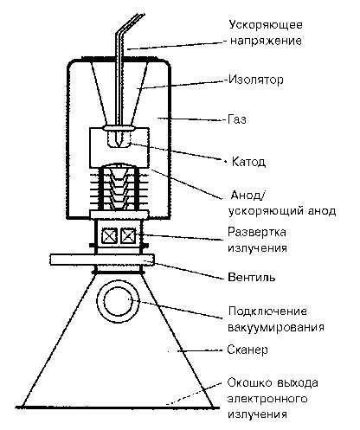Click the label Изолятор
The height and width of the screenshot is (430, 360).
pyautogui.click(x=255, y=80)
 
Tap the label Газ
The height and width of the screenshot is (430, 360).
pyautogui.click(x=237, y=119)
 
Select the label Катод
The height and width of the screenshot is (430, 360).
pyautogui.click(x=248, y=162)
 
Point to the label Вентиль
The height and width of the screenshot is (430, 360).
pyautogui.click(x=252, y=277)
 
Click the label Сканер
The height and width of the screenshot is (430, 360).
pyautogui.click(x=247, y=350)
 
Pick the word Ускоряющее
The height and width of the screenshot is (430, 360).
pyautogui.click(x=266, y=25)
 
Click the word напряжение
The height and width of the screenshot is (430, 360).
pyautogui.click(x=266, y=41)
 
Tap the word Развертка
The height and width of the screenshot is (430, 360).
pyautogui.click(x=257, y=232)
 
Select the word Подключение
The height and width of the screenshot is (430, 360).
pyautogui.click(x=267, y=311)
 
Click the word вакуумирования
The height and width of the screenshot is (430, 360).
pyautogui.click(x=276, y=328)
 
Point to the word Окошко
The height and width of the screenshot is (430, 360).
pyautogui.click(x=249, y=382)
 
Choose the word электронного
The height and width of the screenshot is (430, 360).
pyautogui.click(x=267, y=399)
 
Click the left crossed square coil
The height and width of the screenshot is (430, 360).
pyautogui.click(x=110, y=236)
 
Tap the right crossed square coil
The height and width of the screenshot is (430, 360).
pyautogui.click(x=128, y=236)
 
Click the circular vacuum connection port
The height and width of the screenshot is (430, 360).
pyautogui.click(x=118, y=303)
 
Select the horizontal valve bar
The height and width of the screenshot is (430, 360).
pyautogui.click(x=102, y=260)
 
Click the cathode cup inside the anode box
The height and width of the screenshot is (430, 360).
pyautogui.click(x=119, y=139)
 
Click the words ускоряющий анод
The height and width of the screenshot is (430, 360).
pyautogui.click(x=282, y=211)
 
